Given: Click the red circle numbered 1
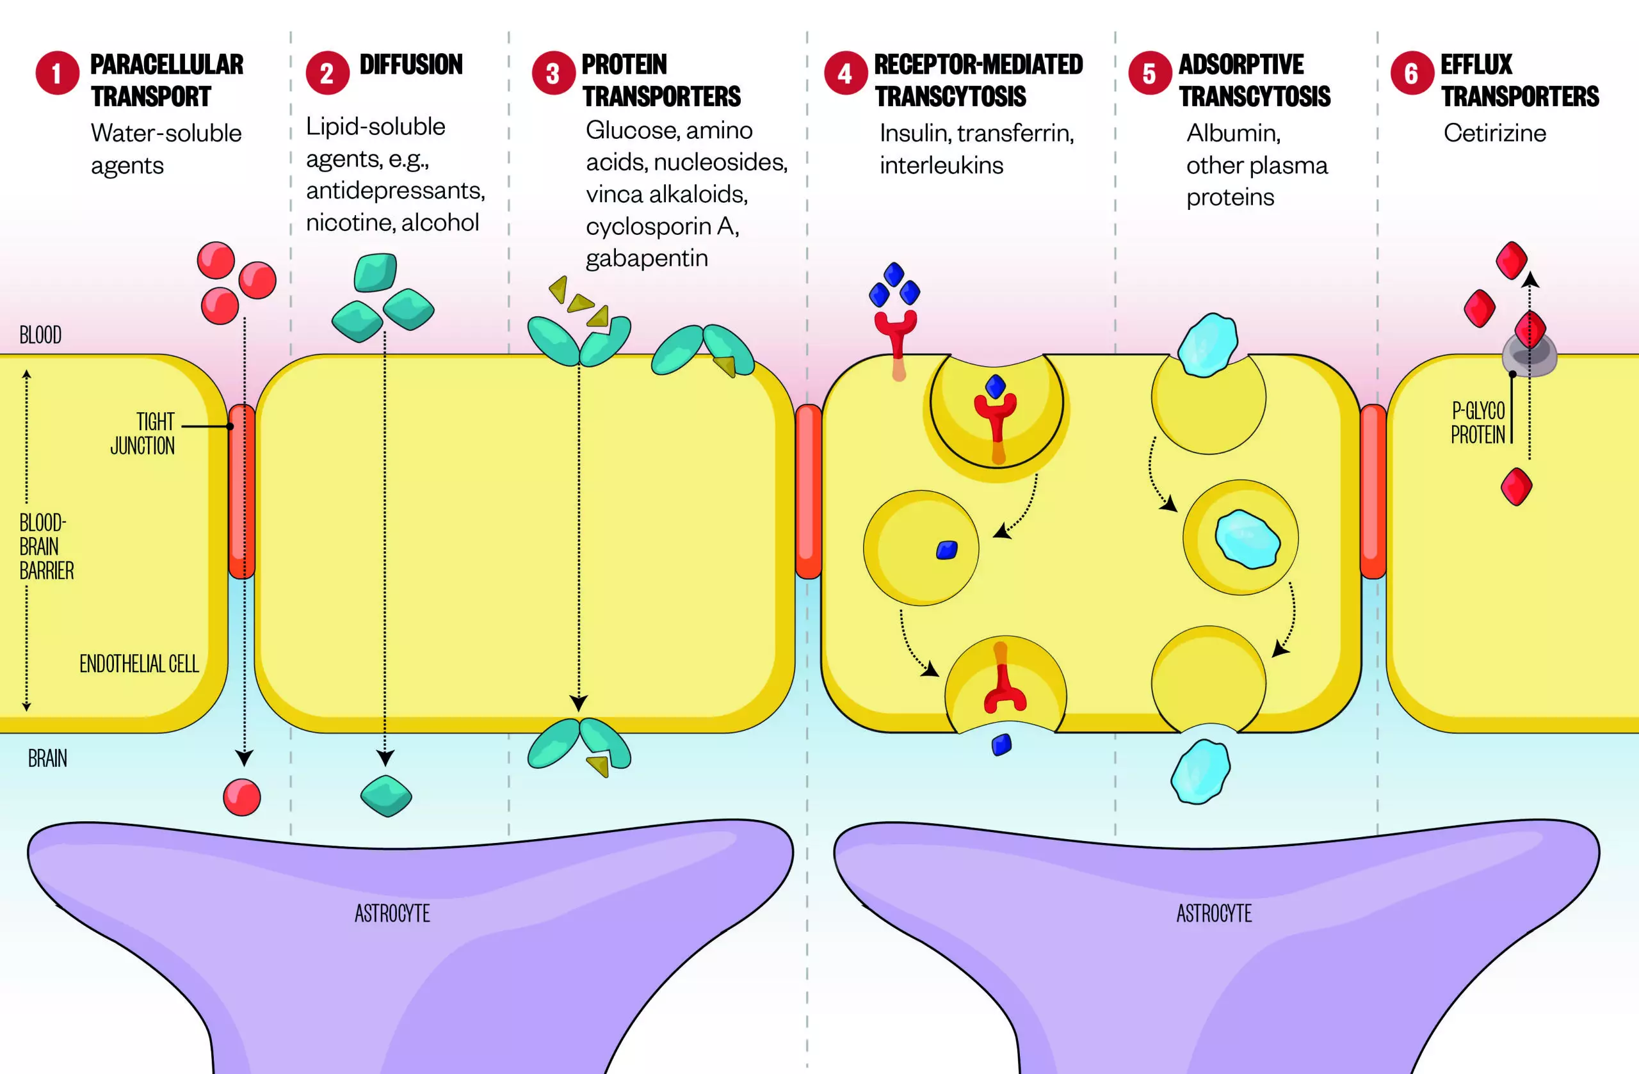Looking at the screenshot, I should click(x=57, y=73).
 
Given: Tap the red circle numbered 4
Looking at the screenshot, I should click(x=845, y=73).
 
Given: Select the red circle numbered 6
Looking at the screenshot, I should click(x=1411, y=73).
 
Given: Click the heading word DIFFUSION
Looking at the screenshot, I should click(x=411, y=65).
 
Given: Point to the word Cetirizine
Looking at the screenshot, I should click(x=1494, y=133).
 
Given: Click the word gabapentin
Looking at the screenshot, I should click(x=647, y=258).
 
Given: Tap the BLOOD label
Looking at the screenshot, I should click(x=40, y=335).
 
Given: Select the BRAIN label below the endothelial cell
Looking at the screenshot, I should click(x=47, y=758).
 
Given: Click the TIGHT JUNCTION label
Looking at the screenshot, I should click(x=143, y=434).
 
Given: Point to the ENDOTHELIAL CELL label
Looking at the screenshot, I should click(x=139, y=664).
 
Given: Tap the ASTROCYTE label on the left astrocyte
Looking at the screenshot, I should click(x=392, y=913).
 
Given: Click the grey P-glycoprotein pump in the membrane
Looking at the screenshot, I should click(x=1529, y=355).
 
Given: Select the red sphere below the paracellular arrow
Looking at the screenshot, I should click(x=242, y=797).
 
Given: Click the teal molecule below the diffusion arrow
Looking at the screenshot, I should click(x=386, y=796).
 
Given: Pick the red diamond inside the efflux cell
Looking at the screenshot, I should click(x=1517, y=486).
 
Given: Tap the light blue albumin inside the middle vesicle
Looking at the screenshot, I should click(x=1247, y=539).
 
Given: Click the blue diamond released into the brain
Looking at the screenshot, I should click(x=1001, y=745).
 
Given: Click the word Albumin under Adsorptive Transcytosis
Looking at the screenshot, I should click(x=1232, y=133).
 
